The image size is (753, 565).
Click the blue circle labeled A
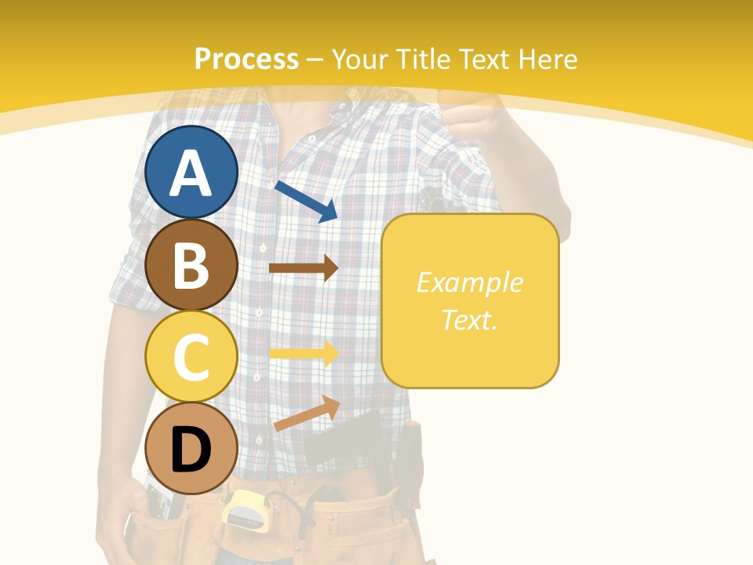point(191,172)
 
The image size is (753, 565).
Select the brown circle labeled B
point(191,264)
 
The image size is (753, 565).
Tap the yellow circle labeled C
point(191,356)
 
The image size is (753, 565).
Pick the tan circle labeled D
point(191,448)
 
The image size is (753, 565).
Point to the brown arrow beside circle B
point(304,268)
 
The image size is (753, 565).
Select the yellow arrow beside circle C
point(304,353)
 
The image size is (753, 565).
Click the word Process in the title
point(246,59)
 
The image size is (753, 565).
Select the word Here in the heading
point(549,59)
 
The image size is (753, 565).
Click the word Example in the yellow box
point(469,282)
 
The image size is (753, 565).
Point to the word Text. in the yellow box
point(469,320)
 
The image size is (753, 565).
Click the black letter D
point(191,450)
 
